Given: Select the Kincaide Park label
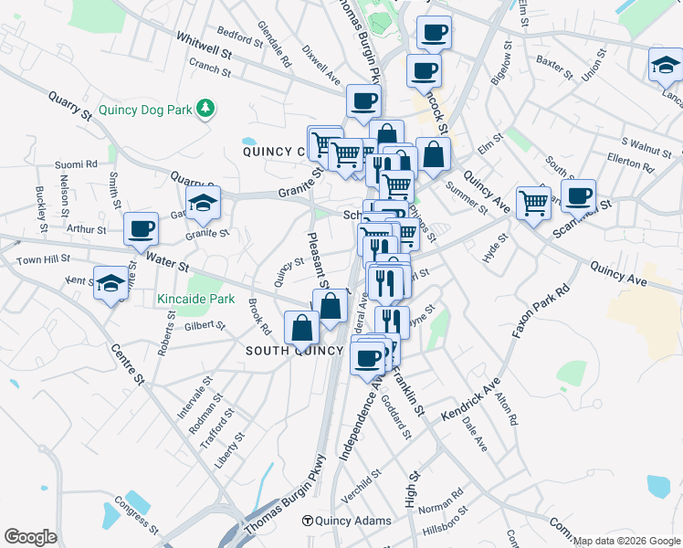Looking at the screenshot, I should [195, 299].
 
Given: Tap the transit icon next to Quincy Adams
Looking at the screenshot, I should [309, 521].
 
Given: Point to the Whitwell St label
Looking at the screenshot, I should [206, 43].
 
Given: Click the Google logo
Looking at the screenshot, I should [30, 537].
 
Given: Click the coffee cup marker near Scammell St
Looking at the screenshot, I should [578, 195].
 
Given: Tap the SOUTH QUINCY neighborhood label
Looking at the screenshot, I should [293, 351].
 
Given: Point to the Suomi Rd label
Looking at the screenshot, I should [76, 164].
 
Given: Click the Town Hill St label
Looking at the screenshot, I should [44, 260].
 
